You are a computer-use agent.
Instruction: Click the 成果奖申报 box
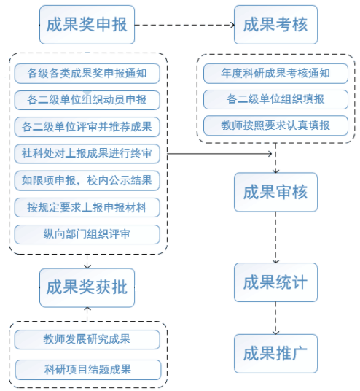pos(87,25)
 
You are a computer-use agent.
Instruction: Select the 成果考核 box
pos(275,25)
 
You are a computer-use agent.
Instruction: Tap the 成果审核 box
pos(275,192)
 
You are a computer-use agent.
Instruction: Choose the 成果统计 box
pos(275,282)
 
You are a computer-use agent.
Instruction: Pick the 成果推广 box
pos(275,354)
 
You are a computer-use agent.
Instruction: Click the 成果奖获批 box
pos(87,287)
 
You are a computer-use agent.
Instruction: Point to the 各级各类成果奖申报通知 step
pos(87,74)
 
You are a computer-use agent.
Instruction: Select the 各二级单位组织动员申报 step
pos(87,100)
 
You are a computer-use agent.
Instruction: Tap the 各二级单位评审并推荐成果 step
pos(87,127)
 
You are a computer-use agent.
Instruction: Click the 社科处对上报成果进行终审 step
pos(87,154)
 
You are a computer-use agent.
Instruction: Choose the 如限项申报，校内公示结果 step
pos(87,180)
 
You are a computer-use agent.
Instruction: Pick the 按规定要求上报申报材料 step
pos(87,207)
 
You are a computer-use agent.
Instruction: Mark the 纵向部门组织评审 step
pos(87,234)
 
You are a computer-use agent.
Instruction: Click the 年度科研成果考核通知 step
pos(275,74)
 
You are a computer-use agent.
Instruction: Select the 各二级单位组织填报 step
pos(275,99)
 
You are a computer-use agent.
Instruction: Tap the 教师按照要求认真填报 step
pos(275,125)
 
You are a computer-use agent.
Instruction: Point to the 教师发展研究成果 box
pos(87,339)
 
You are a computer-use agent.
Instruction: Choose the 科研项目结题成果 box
pos(88,370)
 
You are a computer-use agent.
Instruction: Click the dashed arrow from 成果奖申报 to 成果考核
pos(184,25)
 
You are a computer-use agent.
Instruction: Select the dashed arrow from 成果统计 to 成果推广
pos(275,318)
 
